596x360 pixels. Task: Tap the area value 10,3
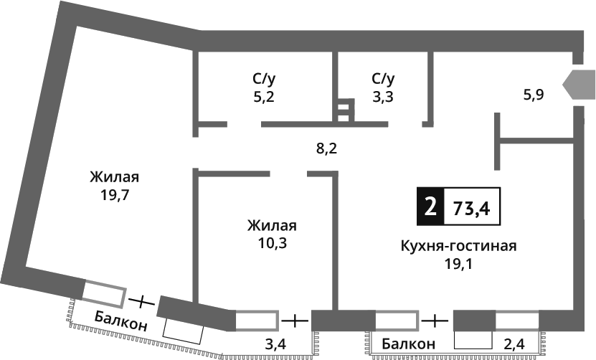[272, 242]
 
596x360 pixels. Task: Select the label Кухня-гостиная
[459, 246]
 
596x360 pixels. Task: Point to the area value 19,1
[458, 262]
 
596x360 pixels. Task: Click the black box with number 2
[430, 207]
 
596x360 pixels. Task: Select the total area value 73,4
[471, 208]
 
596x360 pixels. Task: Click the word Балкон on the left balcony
[120, 321]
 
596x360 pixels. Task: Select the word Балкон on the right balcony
[408, 344]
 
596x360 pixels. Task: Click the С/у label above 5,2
[263, 78]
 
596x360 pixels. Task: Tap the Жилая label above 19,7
[115, 176]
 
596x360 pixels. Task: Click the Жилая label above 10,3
[272, 225]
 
